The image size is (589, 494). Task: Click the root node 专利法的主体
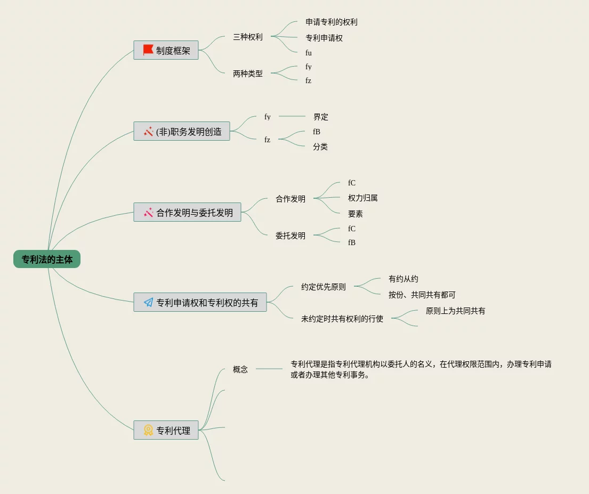click(47, 260)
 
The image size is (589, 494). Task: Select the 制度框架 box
click(166, 51)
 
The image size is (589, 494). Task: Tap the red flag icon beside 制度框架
click(148, 50)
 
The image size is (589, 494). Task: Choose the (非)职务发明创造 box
click(182, 131)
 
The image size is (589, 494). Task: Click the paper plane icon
click(148, 302)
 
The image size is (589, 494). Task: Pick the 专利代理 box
click(166, 430)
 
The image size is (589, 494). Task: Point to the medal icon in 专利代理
click(148, 430)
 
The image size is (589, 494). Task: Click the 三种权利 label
click(248, 37)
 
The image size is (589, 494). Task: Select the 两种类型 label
click(248, 74)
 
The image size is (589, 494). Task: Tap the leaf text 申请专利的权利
click(331, 22)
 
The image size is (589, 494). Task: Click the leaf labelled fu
click(309, 53)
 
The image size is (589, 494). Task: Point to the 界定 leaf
click(321, 117)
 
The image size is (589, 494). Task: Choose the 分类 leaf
click(320, 147)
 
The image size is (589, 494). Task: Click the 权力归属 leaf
click(362, 198)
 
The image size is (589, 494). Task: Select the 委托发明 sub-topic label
click(291, 236)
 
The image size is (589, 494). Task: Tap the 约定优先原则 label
click(323, 287)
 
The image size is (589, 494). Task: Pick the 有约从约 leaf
click(403, 279)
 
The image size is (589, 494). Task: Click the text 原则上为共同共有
click(455, 311)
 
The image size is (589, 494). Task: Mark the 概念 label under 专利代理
click(240, 369)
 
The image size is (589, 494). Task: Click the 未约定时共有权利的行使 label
click(342, 319)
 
